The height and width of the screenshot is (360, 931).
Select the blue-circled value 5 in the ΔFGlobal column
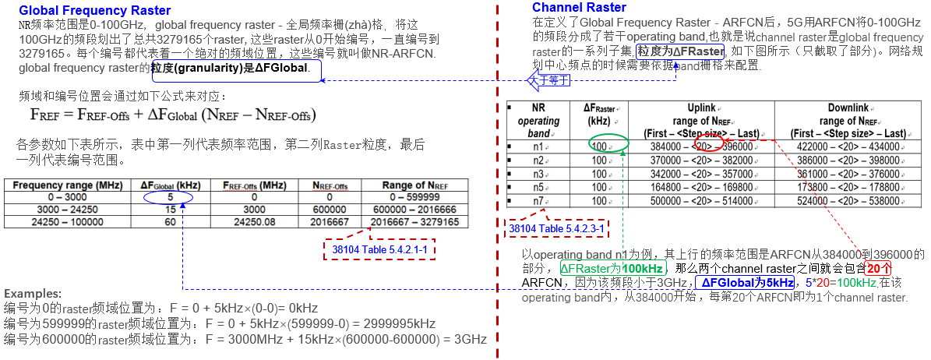[169, 198]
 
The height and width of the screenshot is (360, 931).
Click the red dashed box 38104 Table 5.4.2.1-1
[379, 249]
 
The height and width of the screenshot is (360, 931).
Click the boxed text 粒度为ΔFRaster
[680, 51]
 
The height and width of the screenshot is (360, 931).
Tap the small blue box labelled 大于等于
[548, 80]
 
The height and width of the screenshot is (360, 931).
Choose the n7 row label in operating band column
[538, 200]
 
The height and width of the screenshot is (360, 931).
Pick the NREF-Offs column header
[330, 185]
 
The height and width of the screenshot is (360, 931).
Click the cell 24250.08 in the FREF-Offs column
[249, 222]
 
